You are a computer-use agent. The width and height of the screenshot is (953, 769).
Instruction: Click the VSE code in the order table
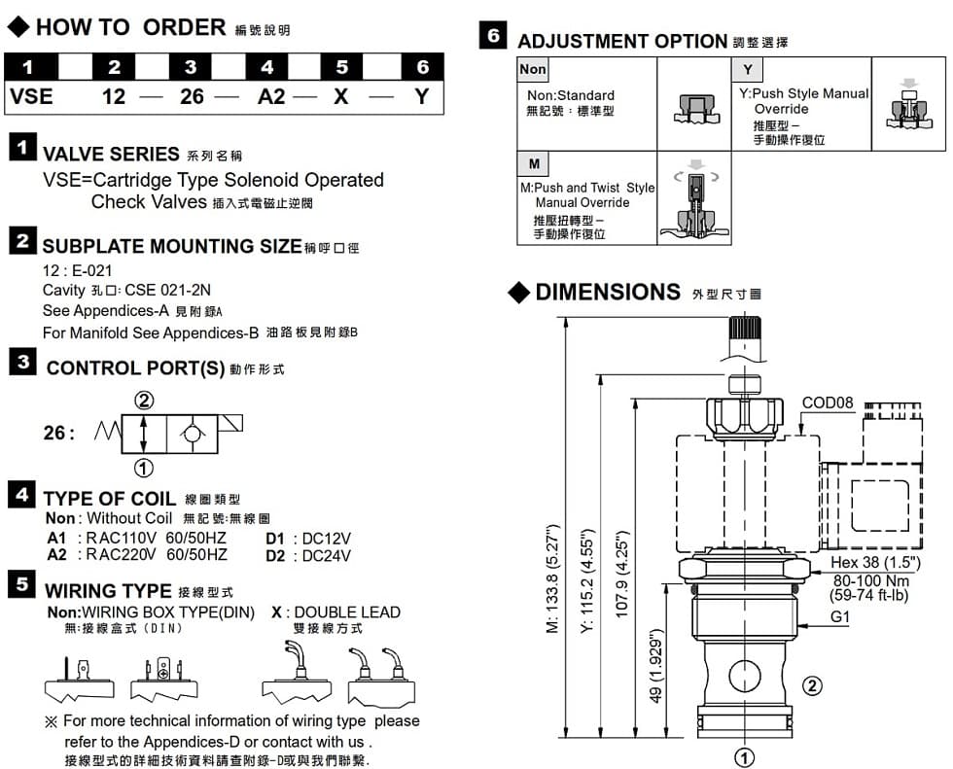point(31,97)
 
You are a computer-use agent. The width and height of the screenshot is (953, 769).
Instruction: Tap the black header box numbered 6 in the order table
point(422,67)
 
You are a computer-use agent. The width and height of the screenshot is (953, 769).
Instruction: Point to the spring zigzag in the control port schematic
point(108,431)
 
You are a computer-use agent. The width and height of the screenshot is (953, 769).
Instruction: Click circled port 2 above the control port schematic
point(144,401)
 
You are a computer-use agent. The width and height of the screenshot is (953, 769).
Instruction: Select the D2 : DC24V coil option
point(308,555)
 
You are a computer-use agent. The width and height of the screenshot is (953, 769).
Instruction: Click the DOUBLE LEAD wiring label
point(347,612)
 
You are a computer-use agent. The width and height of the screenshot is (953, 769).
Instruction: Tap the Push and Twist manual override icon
point(694,200)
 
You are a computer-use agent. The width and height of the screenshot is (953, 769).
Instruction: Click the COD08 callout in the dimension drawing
point(828,402)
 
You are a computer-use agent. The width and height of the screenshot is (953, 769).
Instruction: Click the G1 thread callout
point(841,615)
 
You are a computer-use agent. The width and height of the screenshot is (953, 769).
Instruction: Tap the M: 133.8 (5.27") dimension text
point(552,578)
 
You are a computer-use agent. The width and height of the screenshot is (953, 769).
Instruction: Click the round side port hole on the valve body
point(744,675)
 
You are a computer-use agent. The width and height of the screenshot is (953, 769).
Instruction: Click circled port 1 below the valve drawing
point(745,755)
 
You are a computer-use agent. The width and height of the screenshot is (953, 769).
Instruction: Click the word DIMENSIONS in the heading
point(608,292)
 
